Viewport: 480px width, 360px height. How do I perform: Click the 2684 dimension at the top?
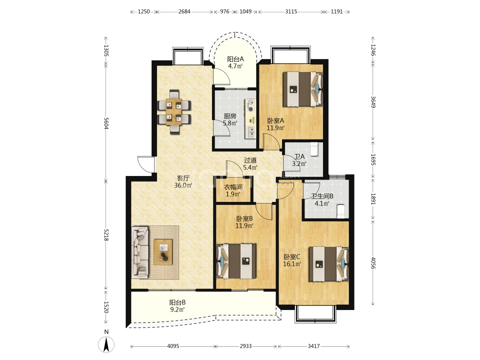(184, 12)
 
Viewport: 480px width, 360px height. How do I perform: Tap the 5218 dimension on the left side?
(106, 235)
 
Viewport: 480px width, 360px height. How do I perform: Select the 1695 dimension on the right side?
(373, 160)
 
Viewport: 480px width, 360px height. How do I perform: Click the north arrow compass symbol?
(106, 345)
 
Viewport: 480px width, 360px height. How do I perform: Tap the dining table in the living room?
(174, 112)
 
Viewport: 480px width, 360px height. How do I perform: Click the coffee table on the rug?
(163, 252)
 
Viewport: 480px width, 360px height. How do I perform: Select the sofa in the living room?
(140, 252)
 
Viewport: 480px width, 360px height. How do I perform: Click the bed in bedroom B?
(236, 261)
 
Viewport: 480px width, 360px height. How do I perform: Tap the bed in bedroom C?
(329, 264)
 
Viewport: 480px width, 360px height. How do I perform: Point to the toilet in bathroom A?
(314, 149)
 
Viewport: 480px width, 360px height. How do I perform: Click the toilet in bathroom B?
(341, 211)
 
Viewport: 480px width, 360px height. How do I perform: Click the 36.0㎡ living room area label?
(183, 185)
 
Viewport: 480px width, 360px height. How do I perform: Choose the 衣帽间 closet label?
(233, 187)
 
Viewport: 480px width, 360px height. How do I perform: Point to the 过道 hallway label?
(250, 160)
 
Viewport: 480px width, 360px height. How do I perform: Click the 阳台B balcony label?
(177, 303)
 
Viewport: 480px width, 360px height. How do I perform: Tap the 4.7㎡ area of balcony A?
(235, 66)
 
